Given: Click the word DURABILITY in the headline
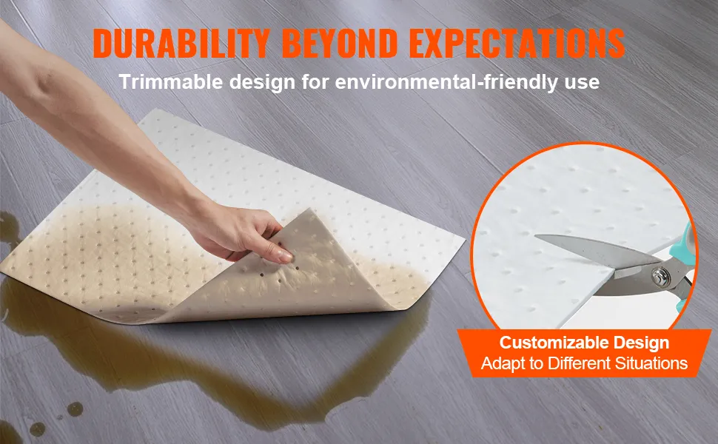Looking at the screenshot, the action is (x=181, y=44).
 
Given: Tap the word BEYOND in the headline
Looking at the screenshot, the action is (x=340, y=44).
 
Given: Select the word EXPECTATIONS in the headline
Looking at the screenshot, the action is (x=517, y=44).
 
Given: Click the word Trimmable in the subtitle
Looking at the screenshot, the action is (x=171, y=82).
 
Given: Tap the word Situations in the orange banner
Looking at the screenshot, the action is (x=651, y=363).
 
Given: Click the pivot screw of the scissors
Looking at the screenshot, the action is (x=659, y=275).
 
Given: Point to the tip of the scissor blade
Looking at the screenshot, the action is (x=536, y=237).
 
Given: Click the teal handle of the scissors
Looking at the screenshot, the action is (x=684, y=256).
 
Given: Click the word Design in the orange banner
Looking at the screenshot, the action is (x=642, y=343).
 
